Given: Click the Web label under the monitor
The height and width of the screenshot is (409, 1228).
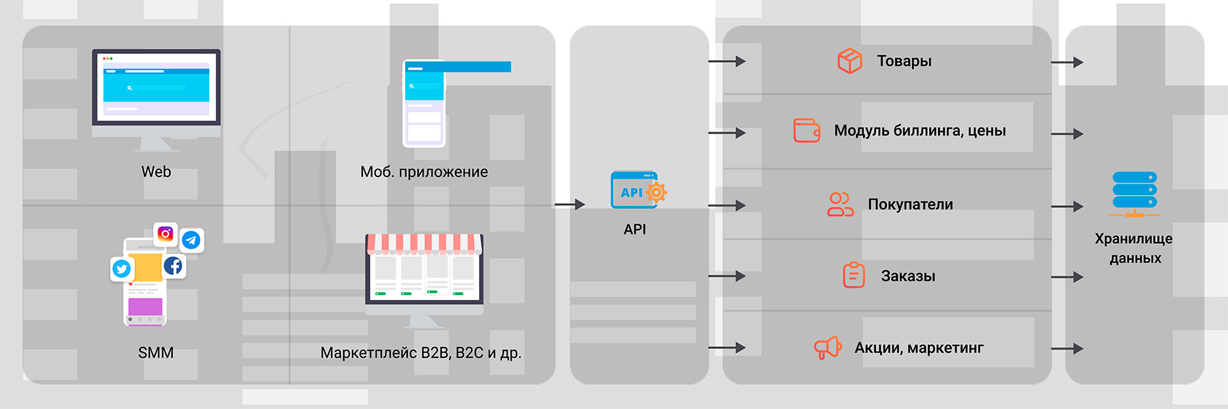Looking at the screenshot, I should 156,172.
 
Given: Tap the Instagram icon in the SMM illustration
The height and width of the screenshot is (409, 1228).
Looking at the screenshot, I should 165,234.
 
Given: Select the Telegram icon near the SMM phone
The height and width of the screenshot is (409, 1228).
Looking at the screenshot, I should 192,240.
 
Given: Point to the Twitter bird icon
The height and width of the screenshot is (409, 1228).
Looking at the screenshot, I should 121,269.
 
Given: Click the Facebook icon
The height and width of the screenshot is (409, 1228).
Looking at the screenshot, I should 173,265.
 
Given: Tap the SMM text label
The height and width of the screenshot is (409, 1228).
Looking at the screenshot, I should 156,352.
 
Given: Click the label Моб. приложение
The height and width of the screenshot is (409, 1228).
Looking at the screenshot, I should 424,172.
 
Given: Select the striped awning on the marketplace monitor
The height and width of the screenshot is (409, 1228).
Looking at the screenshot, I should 424,243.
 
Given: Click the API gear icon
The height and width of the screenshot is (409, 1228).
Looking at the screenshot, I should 656,192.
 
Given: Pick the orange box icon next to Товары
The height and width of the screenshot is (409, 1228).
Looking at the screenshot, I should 849,61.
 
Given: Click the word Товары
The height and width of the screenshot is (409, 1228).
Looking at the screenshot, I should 904,61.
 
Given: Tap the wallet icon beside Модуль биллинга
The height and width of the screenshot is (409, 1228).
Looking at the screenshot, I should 806,130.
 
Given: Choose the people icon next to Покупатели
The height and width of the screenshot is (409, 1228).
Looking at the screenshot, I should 840,204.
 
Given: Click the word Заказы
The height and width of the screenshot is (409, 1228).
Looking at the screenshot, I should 907,276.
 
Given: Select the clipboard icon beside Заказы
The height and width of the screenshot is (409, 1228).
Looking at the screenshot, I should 853,275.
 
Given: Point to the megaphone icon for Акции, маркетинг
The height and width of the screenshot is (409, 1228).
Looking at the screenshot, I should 828,348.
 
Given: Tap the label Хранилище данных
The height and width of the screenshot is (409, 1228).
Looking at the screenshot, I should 1134,248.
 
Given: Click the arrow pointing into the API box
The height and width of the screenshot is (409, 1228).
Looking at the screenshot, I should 570,204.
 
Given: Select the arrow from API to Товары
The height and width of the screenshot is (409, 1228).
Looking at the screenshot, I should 727,61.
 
